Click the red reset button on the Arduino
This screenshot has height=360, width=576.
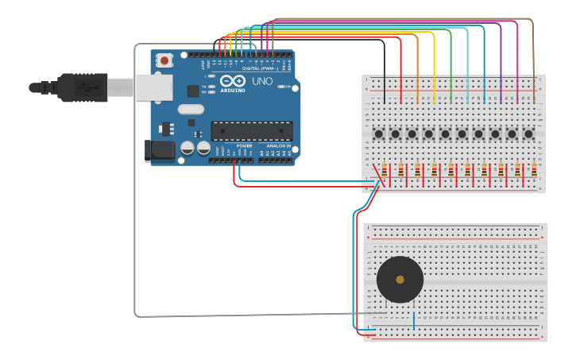pyautogui.click(x=164, y=60)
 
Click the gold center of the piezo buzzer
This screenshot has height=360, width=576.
pyautogui.click(x=400, y=280)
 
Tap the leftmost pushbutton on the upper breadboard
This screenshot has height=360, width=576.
pyautogui.click(x=378, y=134)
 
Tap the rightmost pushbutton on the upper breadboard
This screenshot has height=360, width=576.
pyautogui.click(x=528, y=134)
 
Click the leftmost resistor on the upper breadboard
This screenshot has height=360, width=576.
pyautogui.click(x=385, y=170)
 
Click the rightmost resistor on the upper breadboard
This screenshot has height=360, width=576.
pyautogui.click(x=535, y=170)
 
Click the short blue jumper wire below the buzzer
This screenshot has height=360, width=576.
pyautogui.click(x=414, y=320)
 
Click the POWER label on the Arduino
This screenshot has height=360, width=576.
pyautogui.click(x=244, y=146)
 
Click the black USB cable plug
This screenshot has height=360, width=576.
pyautogui.click(x=79, y=87)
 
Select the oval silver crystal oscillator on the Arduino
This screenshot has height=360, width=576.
pyautogui.click(x=191, y=109)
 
